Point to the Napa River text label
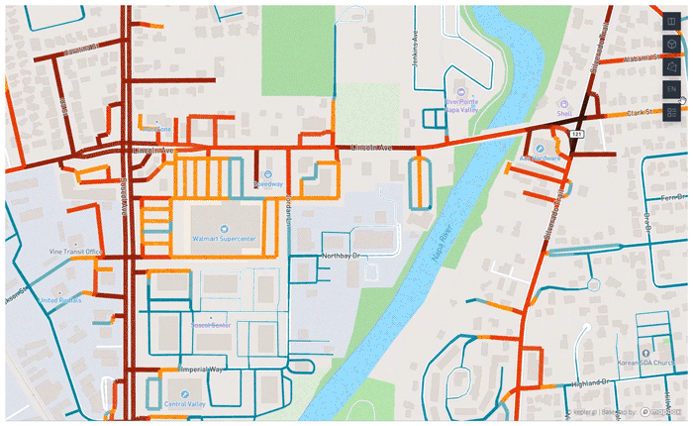coord(438,245)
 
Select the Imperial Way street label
coord(203,370)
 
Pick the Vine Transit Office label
coord(76,252)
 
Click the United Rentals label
coord(61,298)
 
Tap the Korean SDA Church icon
coord(645,353)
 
